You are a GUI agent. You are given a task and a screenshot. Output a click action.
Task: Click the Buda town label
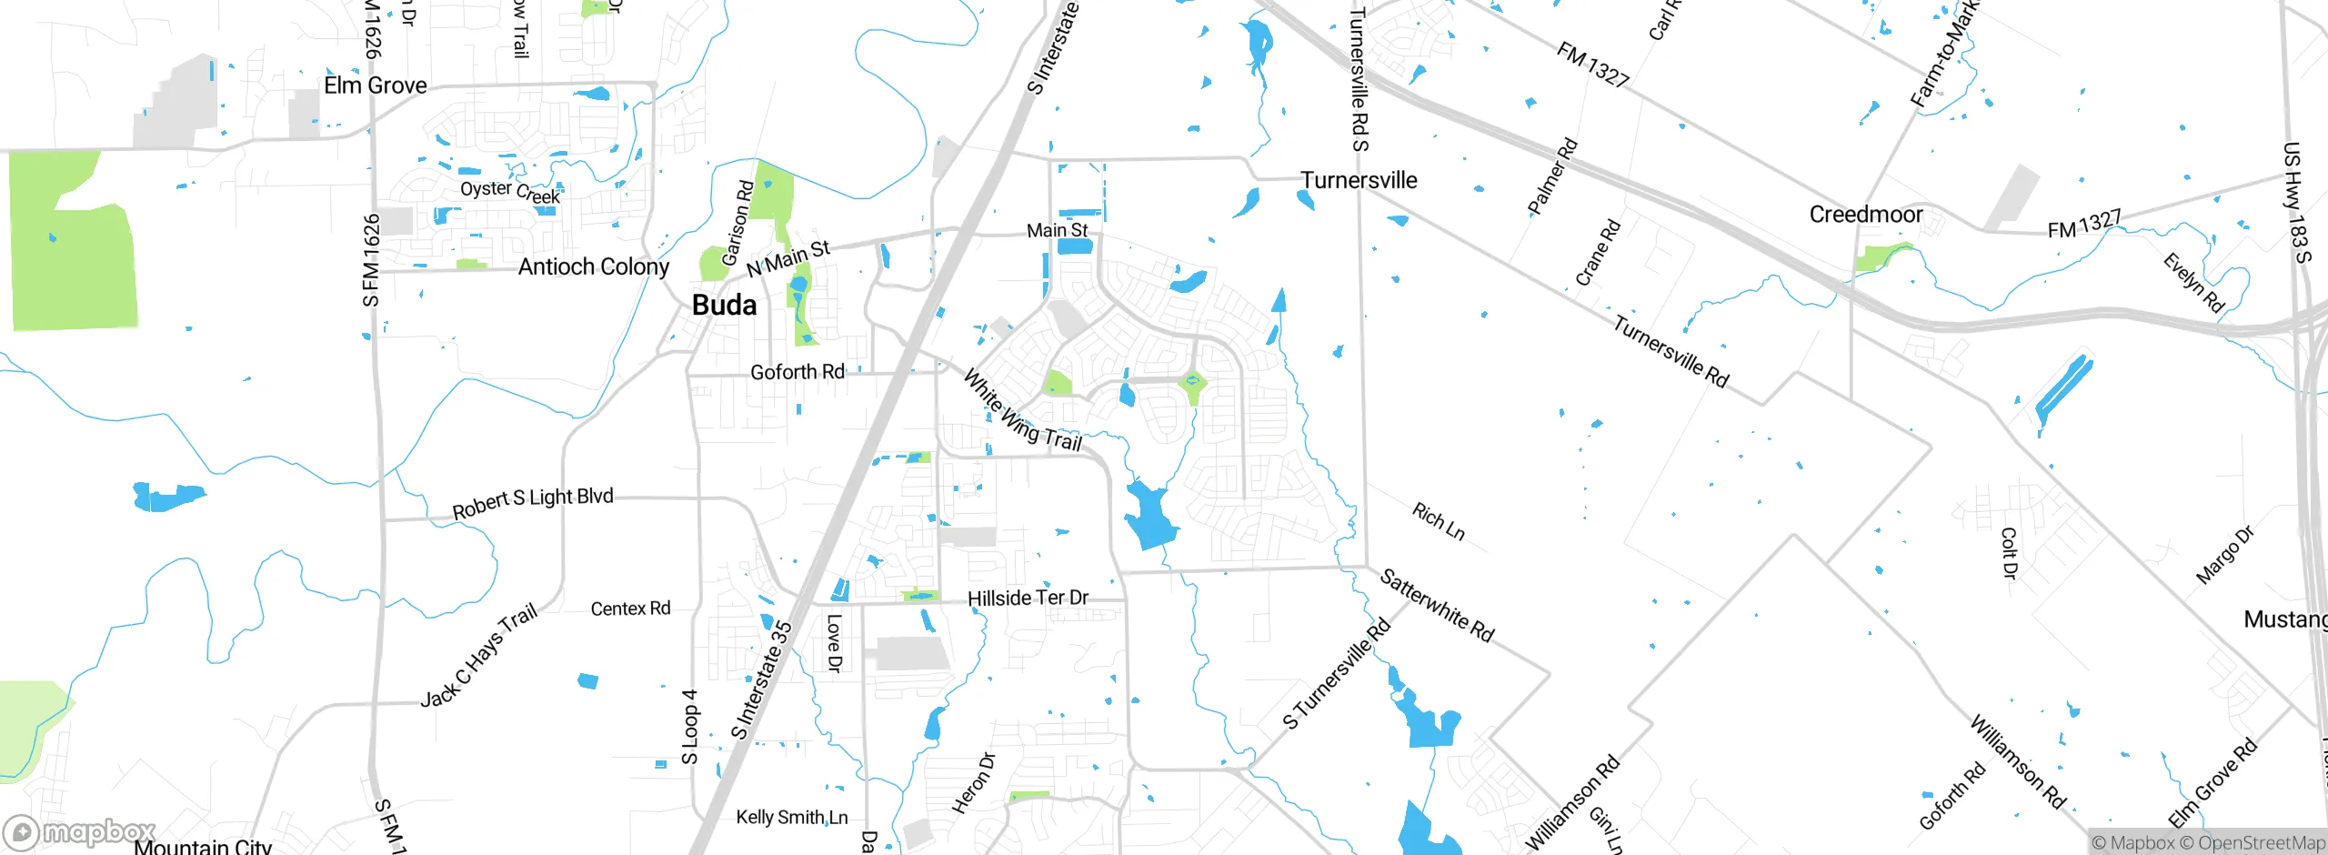[724, 305]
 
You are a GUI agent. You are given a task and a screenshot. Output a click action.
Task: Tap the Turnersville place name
[1359, 180]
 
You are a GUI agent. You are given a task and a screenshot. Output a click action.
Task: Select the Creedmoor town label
[1865, 215]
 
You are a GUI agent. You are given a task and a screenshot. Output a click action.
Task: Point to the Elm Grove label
[376, 85]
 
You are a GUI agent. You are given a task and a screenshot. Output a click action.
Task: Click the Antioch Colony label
[593, 267]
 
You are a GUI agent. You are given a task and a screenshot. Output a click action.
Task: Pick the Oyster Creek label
[509, 191]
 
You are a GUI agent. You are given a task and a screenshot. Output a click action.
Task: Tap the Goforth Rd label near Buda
[797, 372]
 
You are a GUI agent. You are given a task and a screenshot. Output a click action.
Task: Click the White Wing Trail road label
[1022, 411]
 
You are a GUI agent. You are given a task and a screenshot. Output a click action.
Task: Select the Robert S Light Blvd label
[533, 502]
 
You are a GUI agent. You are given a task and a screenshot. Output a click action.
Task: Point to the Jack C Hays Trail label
[478, 656]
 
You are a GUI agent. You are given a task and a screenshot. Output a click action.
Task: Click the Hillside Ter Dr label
[1028, 598]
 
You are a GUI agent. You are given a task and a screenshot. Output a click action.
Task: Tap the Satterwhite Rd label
[1437, 606]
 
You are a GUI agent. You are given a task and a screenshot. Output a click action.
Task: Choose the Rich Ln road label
[1438, 522]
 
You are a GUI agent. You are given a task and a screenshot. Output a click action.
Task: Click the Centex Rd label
[630, 609]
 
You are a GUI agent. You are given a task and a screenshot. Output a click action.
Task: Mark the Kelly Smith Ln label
[791, 817]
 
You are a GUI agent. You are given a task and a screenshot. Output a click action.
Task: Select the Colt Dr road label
[2009, 553]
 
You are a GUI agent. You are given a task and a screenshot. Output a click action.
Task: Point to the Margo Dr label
[2224, 555]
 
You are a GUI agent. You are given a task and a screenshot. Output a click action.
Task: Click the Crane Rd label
[1598, 252]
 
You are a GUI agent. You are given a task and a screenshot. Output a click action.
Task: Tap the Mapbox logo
[80, 832]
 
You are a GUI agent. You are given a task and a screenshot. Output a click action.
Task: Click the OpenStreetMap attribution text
[2261, 843]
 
